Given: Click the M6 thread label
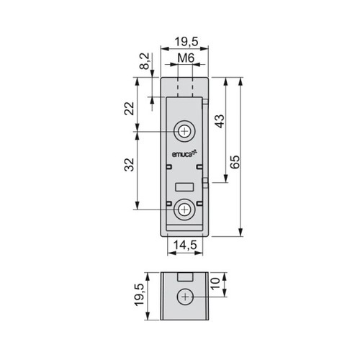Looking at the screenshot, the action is (x=186, y=58).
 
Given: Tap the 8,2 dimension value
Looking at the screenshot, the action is (x=145, y=61).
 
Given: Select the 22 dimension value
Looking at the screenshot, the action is (x=130, y=109).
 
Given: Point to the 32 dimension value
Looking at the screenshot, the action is (x=130, y=164).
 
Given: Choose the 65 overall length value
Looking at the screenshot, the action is (x=235, y=162).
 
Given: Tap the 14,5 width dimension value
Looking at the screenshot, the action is (x=185, y=245).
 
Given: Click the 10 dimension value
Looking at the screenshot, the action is (x=215, y=284).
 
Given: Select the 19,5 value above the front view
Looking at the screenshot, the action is (x=186, y=42).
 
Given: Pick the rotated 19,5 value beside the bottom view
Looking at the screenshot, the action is (x=140, y=294).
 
